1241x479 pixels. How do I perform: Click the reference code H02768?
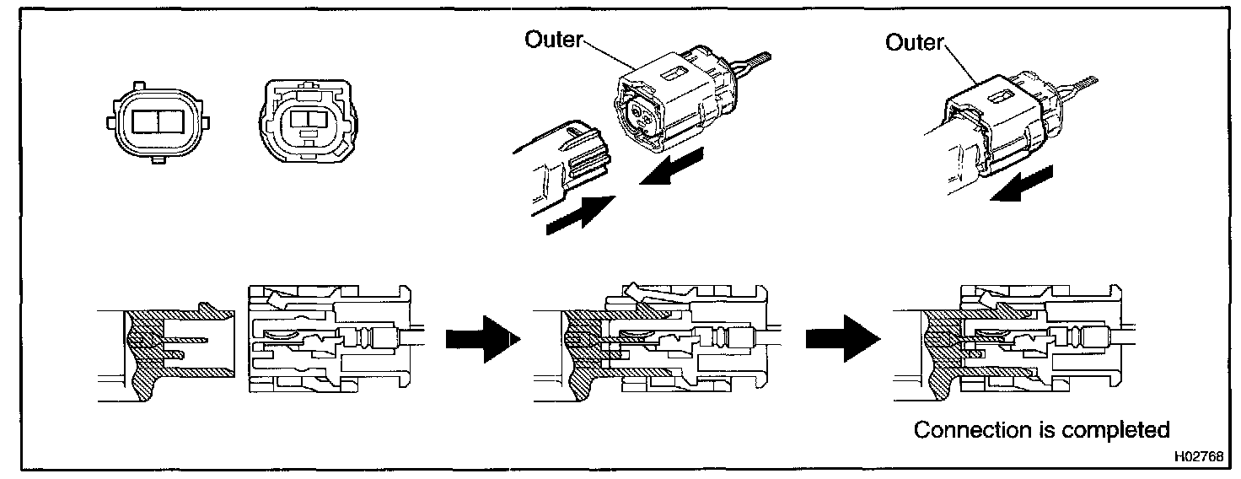click(1198, 456)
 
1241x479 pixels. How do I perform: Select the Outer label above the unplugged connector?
click(553, 40)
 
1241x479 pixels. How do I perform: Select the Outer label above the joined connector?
click(914, 42)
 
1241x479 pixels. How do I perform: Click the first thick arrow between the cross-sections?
click(482, 339)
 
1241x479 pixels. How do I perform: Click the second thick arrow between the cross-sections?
click(843, 338)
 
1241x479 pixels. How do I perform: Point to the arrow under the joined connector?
click(1020, 184)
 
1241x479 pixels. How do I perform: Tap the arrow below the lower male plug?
click(580, 215)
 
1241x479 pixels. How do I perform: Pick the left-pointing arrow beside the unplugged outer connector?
click(671, 166)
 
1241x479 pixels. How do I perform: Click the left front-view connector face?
click(158, 122)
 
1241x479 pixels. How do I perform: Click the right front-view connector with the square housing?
click(308, 121)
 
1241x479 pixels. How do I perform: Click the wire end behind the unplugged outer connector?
click(757, 59)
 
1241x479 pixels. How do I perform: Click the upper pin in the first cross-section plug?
click(185, 339)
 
